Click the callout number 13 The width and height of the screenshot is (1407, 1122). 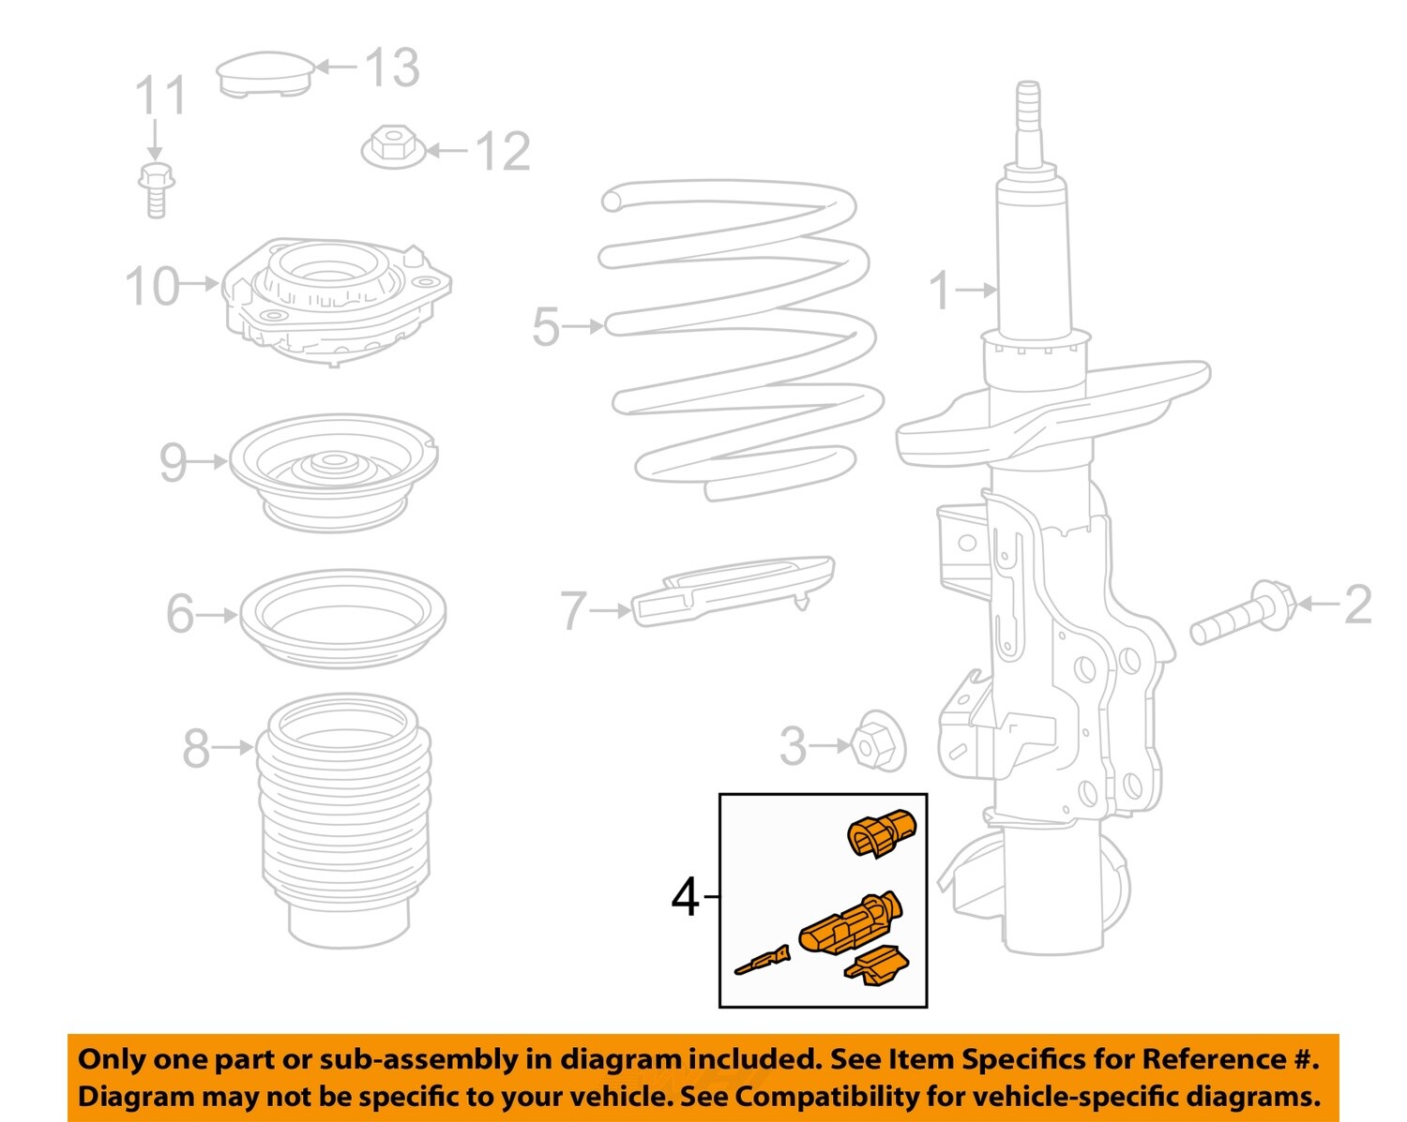391,67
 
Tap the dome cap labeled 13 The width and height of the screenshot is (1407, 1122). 264,74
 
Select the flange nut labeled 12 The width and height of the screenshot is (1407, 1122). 393,147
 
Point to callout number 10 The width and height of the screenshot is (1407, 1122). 152,285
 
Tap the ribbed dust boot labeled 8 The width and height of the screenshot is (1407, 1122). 345,815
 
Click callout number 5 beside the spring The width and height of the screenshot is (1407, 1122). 545,327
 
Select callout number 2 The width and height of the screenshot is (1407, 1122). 1357,605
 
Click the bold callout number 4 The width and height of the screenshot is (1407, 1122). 686,898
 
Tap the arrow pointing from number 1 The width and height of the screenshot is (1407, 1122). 977,290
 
